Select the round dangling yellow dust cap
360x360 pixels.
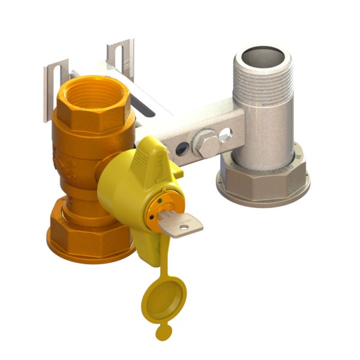(163, 299)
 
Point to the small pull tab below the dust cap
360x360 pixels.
(162, 331)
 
